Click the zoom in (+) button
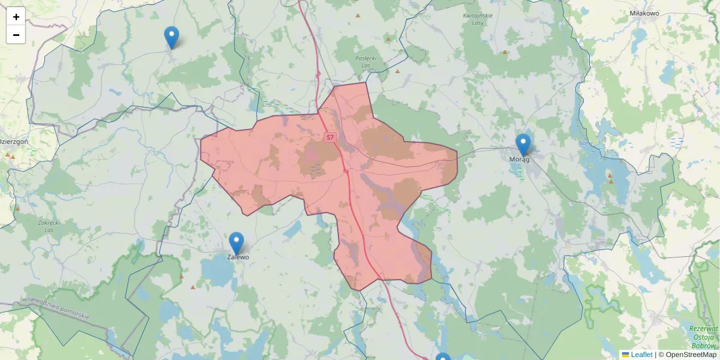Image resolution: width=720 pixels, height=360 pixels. tap(16, 17)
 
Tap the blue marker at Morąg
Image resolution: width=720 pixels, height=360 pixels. tap(523, 145)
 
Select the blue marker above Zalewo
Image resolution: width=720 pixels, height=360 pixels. tap(236, 243)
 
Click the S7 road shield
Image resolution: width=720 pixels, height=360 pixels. tap(329, 137)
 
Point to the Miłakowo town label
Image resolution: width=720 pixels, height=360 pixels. tap(644, 13)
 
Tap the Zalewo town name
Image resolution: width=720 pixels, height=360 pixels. tap(238, 257)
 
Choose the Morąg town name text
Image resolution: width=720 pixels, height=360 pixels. tap(519, 159)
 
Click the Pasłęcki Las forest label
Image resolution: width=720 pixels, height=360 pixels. tap(365, 62)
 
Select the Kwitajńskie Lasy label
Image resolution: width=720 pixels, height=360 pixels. tap(478, 19)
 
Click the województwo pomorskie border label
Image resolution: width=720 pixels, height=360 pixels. tap(55, 307)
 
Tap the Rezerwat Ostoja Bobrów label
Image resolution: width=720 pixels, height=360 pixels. tap(703, 337)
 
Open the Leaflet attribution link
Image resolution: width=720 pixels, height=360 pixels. tap(641, 355)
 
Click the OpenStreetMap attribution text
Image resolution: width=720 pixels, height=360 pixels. tap(691, 355)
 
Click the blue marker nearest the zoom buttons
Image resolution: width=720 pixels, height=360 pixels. tap(172, 37)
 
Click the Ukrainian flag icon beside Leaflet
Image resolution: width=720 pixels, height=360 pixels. tap(625, 355)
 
